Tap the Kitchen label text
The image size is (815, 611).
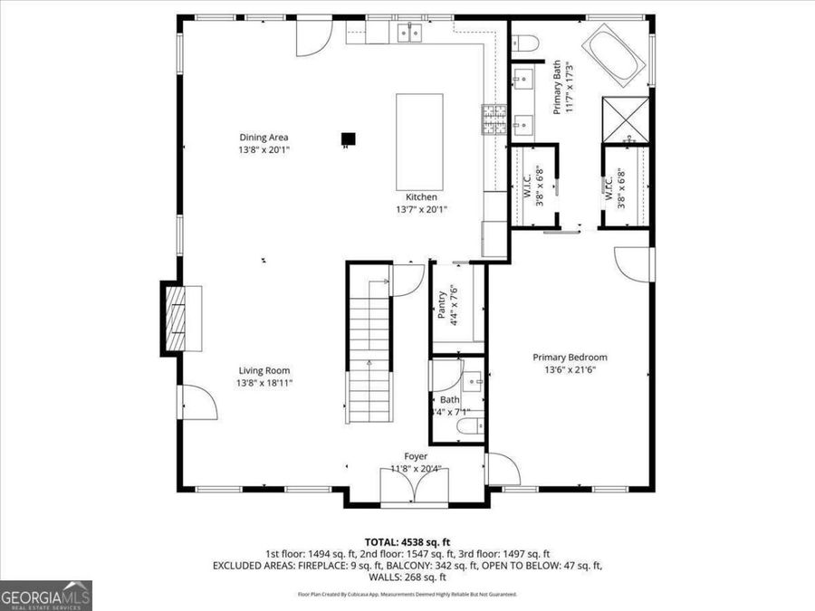[421, 197]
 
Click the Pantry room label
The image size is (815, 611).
[442, 304]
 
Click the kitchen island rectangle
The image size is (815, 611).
[420, 141]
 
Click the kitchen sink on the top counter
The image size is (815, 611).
[411, 33]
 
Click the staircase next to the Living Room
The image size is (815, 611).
[369, 344]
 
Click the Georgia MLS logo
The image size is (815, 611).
[45, 596]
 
